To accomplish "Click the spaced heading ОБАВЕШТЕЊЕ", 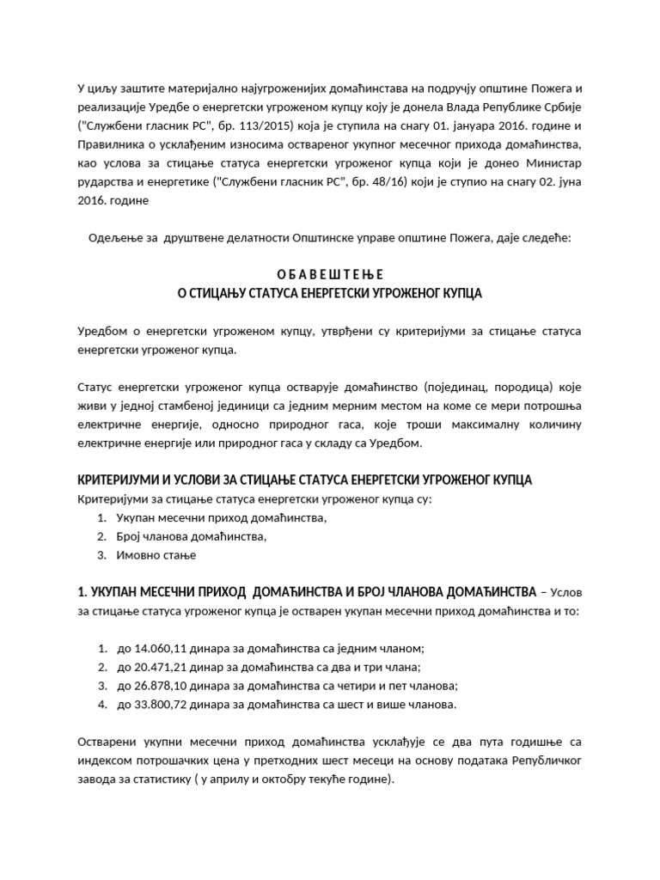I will (330, 273).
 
